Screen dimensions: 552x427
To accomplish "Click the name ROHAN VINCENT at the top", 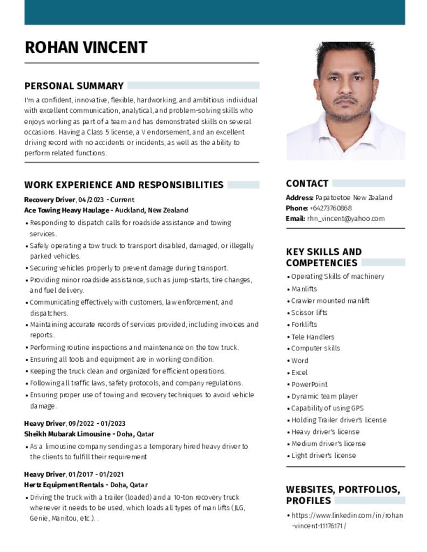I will [x=86, y=47].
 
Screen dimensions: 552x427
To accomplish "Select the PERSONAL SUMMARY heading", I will [x=74, y=86].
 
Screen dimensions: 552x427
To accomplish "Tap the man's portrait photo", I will [x=345, y=101].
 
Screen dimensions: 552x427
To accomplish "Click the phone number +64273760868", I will [x=330, y=208].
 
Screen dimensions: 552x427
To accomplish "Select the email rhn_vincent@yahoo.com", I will [x=345, y=218].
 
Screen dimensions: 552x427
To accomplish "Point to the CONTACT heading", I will [x=307, y=183].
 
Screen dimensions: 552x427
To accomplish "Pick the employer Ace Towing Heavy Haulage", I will [x=67, y=210].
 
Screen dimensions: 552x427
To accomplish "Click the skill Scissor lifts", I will [x=309, y=313].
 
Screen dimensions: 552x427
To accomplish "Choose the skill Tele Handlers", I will [x=313, y=337].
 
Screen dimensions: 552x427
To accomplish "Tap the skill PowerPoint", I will [x=309, y=384].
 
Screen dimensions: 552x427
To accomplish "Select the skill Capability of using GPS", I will [x=327, y=408].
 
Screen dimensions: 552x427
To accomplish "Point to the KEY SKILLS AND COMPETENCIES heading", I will [x=324, y=257].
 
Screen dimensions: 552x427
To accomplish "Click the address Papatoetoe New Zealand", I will [x=354, y=198].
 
